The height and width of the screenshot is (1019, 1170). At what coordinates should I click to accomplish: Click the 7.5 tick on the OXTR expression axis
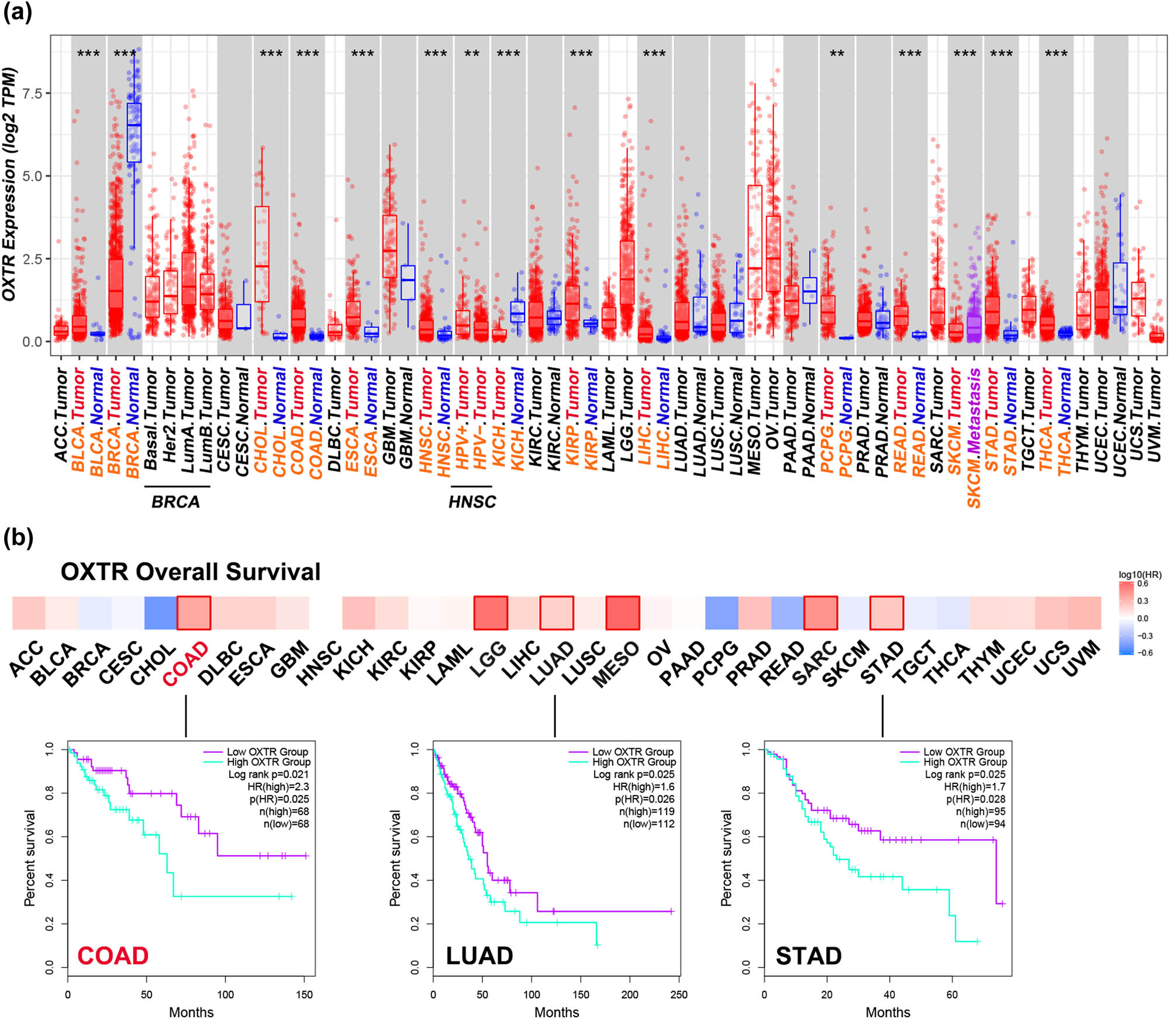tap(32, 94)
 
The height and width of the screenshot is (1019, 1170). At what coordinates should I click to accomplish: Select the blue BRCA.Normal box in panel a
tap(134, 133)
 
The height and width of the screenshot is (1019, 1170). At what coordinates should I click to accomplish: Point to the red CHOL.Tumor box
tap(262, 254)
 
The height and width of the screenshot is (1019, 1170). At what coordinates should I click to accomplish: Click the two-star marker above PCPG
tap(837, 54)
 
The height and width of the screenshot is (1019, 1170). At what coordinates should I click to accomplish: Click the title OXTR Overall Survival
tap(190, 572)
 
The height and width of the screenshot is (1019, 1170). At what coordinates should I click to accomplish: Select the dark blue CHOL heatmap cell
tap(160, 613)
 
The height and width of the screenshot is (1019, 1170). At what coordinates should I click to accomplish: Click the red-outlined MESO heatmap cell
tap(622, 613)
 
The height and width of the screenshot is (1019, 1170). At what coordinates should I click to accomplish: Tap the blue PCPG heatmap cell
tap(722, 613)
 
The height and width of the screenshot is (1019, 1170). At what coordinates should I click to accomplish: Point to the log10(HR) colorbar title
tap(1140, 575)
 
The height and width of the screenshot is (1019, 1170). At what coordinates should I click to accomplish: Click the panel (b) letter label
tap(18, 537)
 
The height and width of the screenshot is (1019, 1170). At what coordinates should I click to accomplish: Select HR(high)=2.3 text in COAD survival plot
tap(278, 786)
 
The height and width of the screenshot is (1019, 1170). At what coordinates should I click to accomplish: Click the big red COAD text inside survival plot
tap(113, 956)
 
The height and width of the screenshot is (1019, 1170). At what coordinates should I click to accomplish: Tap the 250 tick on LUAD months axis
tap(678, 994)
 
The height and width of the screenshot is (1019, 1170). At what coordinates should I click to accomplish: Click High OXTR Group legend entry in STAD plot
tap(965, 762)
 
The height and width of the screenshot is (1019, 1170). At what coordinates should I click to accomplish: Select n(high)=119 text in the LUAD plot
tap(646, 811)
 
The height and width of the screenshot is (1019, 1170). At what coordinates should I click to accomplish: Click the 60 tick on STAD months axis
tap(951, 994)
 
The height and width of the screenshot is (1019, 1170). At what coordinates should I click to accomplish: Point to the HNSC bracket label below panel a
tap(471, 502)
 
